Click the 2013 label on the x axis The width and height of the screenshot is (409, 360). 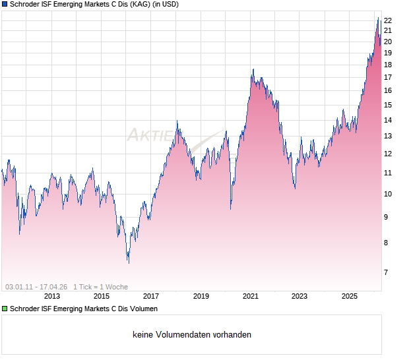pos(51,297)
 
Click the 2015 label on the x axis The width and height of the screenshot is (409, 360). pos(102,297)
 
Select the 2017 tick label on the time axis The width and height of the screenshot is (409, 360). pos(151,297)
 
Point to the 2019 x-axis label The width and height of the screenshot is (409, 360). pos(201,297)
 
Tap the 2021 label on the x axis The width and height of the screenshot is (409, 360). pos(250,297)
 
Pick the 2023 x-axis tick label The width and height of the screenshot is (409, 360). pos(299,297)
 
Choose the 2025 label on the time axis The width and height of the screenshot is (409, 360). pos(349,297)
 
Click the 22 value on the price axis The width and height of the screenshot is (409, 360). pos(389,20)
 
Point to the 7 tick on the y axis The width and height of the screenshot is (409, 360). pos(387,272)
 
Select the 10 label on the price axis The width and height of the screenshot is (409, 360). pos(389,194)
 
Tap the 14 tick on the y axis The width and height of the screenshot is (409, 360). pos(389,120)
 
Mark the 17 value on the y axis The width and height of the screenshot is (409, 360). pos(389,77)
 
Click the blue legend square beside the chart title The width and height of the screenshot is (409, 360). pos(5,5)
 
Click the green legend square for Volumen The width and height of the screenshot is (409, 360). pos(5,309)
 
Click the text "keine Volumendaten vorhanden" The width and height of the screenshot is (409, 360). pos(192,335)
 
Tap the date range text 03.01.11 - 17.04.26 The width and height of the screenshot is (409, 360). pos(36,287)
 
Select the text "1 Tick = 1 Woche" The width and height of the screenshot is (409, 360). pos(100,287)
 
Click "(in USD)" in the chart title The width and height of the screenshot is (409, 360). pos(161,5)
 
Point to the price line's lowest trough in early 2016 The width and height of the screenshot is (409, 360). pos(128,263)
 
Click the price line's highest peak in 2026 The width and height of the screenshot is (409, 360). pos(378,18)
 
